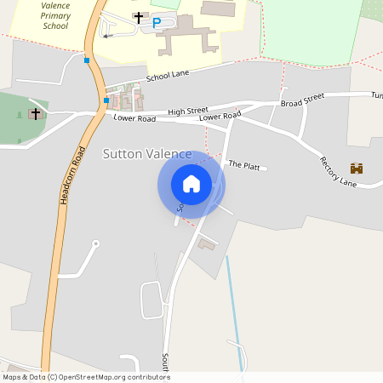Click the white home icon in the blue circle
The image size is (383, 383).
point(191,184)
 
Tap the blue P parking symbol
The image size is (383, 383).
point(156,23)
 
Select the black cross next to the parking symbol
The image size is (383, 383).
point(139,17)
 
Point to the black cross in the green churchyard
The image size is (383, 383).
point(36,113)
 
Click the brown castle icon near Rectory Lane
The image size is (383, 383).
point(356,169)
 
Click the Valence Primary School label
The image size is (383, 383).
point(55,15)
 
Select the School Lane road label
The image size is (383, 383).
point(166,77)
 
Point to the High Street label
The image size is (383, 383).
point(188,111)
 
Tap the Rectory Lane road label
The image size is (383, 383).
point(338,171)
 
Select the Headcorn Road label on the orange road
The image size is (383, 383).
point(74,175)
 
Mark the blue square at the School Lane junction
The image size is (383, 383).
point(106,100)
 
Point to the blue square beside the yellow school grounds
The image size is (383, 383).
point(87,60)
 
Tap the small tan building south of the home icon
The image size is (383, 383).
point(207,245)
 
